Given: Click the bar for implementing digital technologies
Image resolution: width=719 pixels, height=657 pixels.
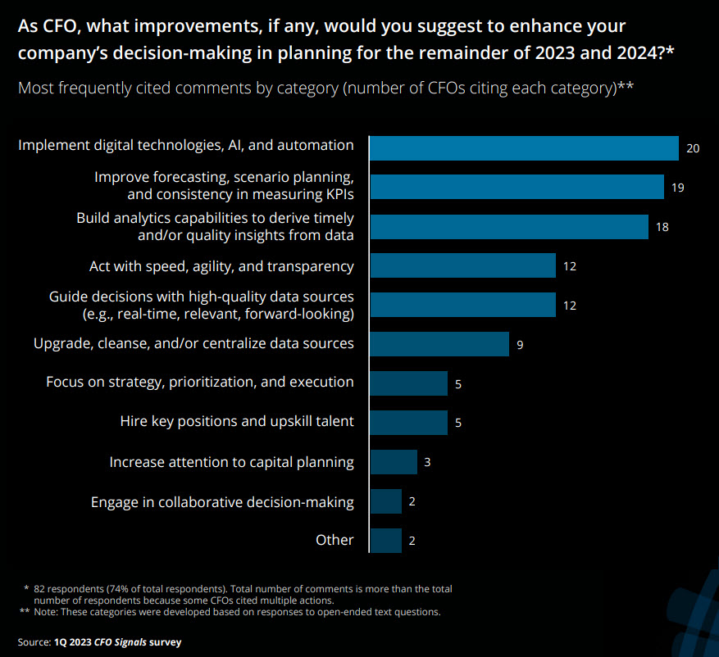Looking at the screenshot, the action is point(524,148).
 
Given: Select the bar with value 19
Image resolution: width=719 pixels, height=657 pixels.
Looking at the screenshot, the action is point(516,187).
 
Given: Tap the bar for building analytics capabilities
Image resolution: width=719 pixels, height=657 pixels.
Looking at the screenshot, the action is point(509,227).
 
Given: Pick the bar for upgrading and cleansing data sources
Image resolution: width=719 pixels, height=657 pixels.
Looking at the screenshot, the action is point(439,344).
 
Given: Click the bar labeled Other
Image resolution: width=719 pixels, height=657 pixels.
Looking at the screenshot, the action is point(385,541).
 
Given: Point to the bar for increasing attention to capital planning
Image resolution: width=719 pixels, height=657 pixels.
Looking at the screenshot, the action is point(394,462).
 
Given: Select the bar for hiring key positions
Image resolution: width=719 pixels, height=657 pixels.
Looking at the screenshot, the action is point(408,423).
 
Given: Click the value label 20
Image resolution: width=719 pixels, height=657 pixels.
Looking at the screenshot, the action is point(693,148).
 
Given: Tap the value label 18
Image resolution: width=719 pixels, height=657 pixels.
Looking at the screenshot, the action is point(662,227).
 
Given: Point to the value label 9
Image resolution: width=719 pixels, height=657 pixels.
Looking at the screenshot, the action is point(520,345).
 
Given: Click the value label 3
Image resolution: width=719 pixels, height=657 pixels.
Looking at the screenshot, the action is point(427,462).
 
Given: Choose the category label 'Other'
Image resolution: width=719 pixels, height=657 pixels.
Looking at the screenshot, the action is point(334,540).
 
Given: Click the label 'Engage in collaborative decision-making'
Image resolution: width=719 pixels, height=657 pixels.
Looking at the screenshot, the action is point(222,503).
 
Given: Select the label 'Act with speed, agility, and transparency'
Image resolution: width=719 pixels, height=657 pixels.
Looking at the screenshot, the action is point(221,266).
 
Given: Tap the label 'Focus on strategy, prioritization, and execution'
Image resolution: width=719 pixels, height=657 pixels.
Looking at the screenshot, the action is point(200,382).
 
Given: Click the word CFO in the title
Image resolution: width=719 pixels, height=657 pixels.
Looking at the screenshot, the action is point(59,26).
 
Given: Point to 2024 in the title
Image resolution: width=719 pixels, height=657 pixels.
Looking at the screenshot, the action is point(637,53).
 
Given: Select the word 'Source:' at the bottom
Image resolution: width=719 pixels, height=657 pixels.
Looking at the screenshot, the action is point(34,642).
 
